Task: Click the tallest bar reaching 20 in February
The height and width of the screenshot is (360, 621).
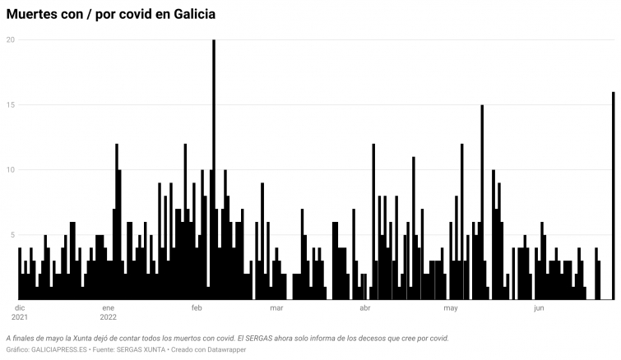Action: [214, 164]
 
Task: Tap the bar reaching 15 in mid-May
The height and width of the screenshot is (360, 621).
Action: [482, 201]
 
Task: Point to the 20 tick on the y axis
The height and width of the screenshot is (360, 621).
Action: [10, 39]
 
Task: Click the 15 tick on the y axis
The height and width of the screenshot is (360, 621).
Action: [10, 104]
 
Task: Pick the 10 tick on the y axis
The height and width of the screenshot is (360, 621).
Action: [10, 169]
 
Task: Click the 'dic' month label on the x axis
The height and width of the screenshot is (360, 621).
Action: [20, 308]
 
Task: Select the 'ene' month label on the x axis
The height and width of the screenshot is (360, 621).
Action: [109, 308]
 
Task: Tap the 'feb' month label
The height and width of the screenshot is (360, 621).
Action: [197, 308]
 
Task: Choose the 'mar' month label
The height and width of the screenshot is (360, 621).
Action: [276, 308]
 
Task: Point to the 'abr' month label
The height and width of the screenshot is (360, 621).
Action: [364, 308]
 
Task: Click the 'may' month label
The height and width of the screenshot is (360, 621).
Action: [451, 308]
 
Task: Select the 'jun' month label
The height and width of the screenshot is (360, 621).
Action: [539, 308]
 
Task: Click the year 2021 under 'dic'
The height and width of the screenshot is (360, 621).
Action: [21, 317]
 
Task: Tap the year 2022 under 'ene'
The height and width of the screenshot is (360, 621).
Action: [109, 317]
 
